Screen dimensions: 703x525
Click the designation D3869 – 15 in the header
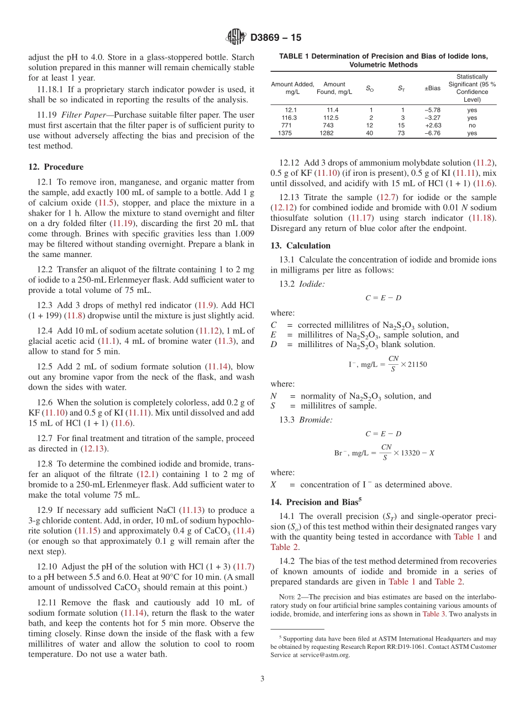coord(276,38)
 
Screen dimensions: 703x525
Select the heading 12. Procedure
coord(56,167)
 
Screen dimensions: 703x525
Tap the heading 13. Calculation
coord(300,245)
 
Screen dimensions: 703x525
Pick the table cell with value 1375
coord(285,133)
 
